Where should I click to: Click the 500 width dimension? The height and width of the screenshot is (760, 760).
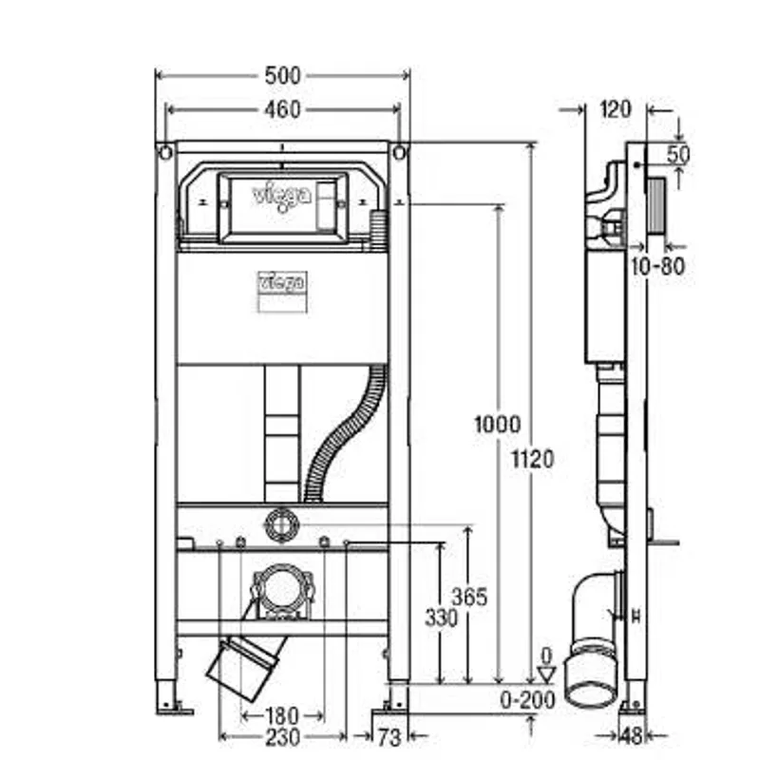coord(282,76)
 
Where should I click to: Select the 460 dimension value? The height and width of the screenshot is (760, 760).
coord(282,110)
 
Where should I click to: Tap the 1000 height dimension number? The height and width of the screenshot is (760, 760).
coord(497,425)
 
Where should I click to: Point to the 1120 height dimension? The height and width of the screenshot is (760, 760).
coord(533,459)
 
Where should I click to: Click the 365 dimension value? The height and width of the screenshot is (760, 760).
coord(469,598)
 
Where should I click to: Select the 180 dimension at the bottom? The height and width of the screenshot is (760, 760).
coord(281,716)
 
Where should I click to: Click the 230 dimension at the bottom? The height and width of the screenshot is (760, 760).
coord(282,737)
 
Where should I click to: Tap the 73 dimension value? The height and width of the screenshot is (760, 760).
coord(389,738)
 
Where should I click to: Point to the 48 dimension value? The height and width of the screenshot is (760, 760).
coord(631,736)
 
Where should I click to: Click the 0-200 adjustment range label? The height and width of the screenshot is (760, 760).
coord(527,700)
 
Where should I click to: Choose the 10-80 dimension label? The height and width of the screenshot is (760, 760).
coord(657,266)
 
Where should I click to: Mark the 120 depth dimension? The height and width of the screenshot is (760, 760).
coord(616,109)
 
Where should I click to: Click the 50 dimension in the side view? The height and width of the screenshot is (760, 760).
coord(678,155)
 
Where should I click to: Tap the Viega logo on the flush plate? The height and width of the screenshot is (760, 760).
coord(280,197)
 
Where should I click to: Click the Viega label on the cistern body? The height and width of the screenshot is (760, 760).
coord(281,282)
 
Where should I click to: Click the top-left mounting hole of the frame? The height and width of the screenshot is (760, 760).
coord(165,153)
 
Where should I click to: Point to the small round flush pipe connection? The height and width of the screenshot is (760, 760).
coord(281,525)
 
